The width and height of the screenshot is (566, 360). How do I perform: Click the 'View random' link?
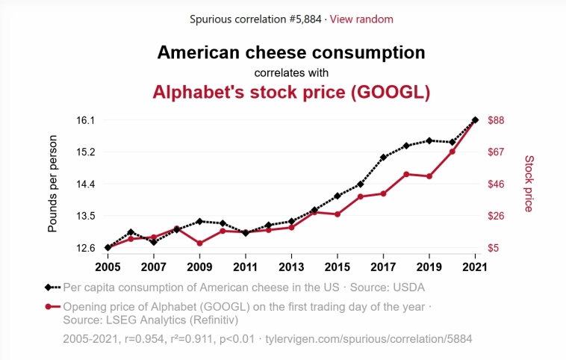[x=361, y=19]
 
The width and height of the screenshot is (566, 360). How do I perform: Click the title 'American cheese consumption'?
[x=291, y=52]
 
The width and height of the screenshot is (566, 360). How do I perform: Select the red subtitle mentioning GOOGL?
[x=291, y=92]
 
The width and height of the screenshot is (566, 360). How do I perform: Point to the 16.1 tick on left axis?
[x=86, y=120]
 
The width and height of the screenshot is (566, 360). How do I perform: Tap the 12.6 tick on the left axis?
[x=86, y=248]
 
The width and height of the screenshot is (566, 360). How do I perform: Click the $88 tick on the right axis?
[x=497, y=120]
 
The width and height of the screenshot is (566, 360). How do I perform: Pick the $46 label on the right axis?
[x=497, y=184]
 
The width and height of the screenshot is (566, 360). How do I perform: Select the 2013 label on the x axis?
[x=291, y=266]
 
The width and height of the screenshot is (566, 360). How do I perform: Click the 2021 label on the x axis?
[x=475, y=266]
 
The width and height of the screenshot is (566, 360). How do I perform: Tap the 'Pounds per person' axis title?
[x=52, y=184]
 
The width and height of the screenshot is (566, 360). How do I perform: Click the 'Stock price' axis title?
[x=529, y=184]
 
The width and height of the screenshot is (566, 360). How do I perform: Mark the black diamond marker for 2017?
[x=383, y=158]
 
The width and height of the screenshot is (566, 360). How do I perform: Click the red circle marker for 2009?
[x=199, y=243]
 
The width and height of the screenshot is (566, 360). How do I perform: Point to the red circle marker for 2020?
[x=452, y=152]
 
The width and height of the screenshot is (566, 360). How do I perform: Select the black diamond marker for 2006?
[x=131, y=232]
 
